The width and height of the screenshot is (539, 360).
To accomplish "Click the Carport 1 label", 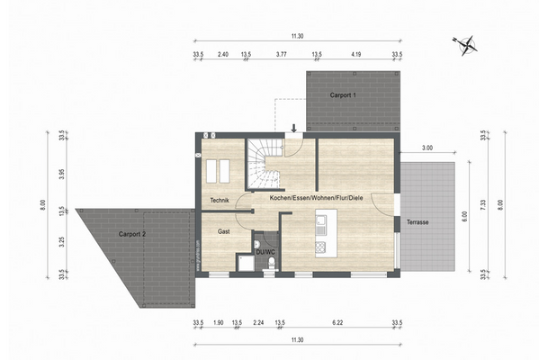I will click(343, 94).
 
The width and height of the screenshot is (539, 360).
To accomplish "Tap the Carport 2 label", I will click(131, 234).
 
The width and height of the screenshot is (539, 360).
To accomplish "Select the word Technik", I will click(220, 200).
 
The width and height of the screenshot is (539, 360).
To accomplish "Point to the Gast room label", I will click(224, 231).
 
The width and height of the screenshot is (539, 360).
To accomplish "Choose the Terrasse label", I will click(418, 221).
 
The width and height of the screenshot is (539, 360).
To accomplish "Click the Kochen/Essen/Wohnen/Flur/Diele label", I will click(310, 198).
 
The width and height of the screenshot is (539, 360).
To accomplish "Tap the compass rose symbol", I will click(466, 42).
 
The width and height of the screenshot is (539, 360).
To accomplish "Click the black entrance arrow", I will click(293, 129).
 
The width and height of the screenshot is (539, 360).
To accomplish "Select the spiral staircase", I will click(265, 159).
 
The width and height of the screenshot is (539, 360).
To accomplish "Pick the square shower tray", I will click(245, 262).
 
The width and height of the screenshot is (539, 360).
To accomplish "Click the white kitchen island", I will click(323, 233).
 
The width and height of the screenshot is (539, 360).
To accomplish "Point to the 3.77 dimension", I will click(280, 55).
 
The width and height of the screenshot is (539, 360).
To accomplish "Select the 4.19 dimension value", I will click(356, 55).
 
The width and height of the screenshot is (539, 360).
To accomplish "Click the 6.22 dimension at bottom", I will click(337, 321).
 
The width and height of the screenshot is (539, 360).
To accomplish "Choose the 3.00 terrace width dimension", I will click(427, 148).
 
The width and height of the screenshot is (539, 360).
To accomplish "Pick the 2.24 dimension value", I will click(258, 321).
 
